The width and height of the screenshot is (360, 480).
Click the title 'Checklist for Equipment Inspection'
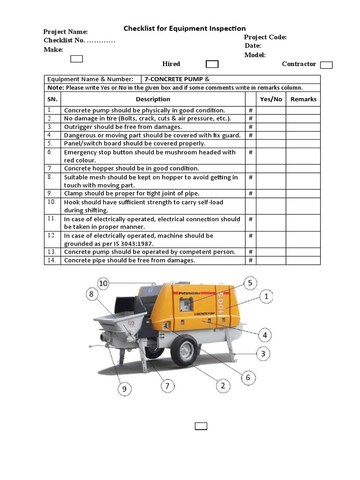point(184,29)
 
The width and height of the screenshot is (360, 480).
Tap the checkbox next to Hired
point(212,64)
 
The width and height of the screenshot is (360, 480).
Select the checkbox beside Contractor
point(326,65)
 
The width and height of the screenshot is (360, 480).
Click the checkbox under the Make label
point(76,59)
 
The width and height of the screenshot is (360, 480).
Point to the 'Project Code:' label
point(265,37)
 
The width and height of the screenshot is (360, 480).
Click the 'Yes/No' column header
point(271,99)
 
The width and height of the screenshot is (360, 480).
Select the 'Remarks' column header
point(303,99)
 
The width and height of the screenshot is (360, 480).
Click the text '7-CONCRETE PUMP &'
point(177,79)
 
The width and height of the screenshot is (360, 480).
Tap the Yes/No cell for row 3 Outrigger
point(271,127)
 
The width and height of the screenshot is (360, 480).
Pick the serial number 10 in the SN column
point(52,202)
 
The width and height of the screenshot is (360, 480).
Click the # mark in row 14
point(251,261)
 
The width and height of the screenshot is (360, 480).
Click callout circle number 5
point(250,283)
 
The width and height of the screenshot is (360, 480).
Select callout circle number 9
point(124,389)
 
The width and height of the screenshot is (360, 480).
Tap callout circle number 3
point(263,353)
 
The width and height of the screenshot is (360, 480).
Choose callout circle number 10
point(103,283)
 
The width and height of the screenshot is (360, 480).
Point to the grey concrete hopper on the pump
point(117,323)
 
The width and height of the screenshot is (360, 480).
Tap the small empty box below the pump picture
point(201,426)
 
